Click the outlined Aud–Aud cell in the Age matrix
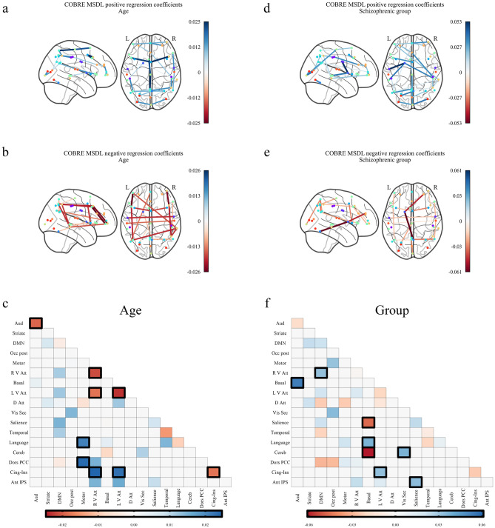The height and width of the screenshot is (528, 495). tap(36, 323)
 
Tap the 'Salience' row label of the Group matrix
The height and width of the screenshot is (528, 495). tap(275, 421)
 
